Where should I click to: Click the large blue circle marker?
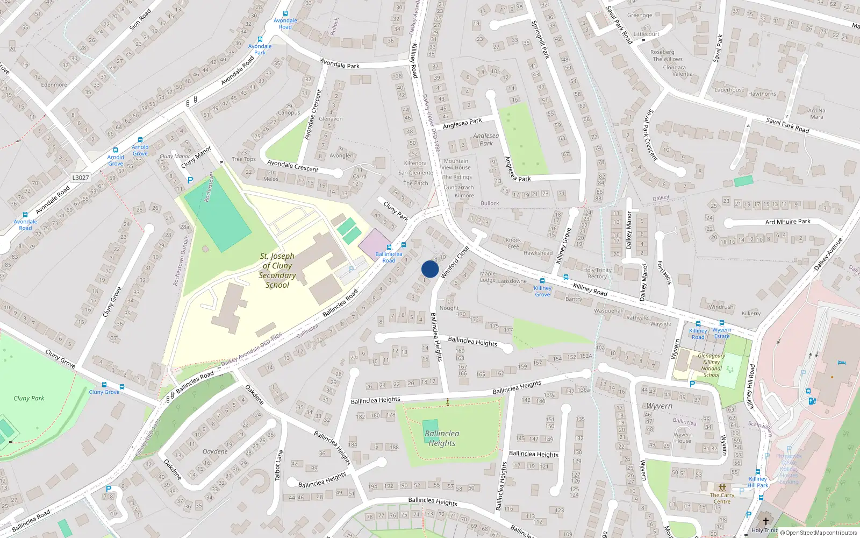pyautogui.click(x=430, y=269)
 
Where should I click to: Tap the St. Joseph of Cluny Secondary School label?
pyautogui.click(x=277, y=271)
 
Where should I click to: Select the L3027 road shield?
pyautogui.click(x=81, y=178)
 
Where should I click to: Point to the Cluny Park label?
pyautogui.click(x=29, y=398)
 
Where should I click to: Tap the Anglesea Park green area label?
pyautogui.click(x=486, y=139)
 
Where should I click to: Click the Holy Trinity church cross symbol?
pyautogui.click(x=766, y=521)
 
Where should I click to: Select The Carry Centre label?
pyautogui.click(x=722, y=498)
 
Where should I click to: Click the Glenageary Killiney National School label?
pyautogui.click(x=711, y=365)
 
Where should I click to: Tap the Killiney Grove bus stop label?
pyautogui.click(x=542, y=291)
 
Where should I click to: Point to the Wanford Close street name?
pyautogui.click(x=455, y=263)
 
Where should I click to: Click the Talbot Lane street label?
pyautogui.click(x=278, y=465)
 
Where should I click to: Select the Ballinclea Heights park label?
pyautogui.click(x=442, y=438)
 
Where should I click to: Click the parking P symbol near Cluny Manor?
pyautogui.click(x=190, y=180)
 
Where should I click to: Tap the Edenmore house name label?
pyautogui.click(x=54, y=84)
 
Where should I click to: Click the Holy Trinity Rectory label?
pyautogui.click(x=597, y=273)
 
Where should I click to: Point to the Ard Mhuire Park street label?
pyautogui.click(x=787, y=222)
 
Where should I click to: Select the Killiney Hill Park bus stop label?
pyautogui.click(x=758, y=482)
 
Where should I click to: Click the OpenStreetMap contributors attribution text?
pyautogui.click(x=818, y=533)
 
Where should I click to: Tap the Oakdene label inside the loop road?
pyautogui.click(x=215, y=451)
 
